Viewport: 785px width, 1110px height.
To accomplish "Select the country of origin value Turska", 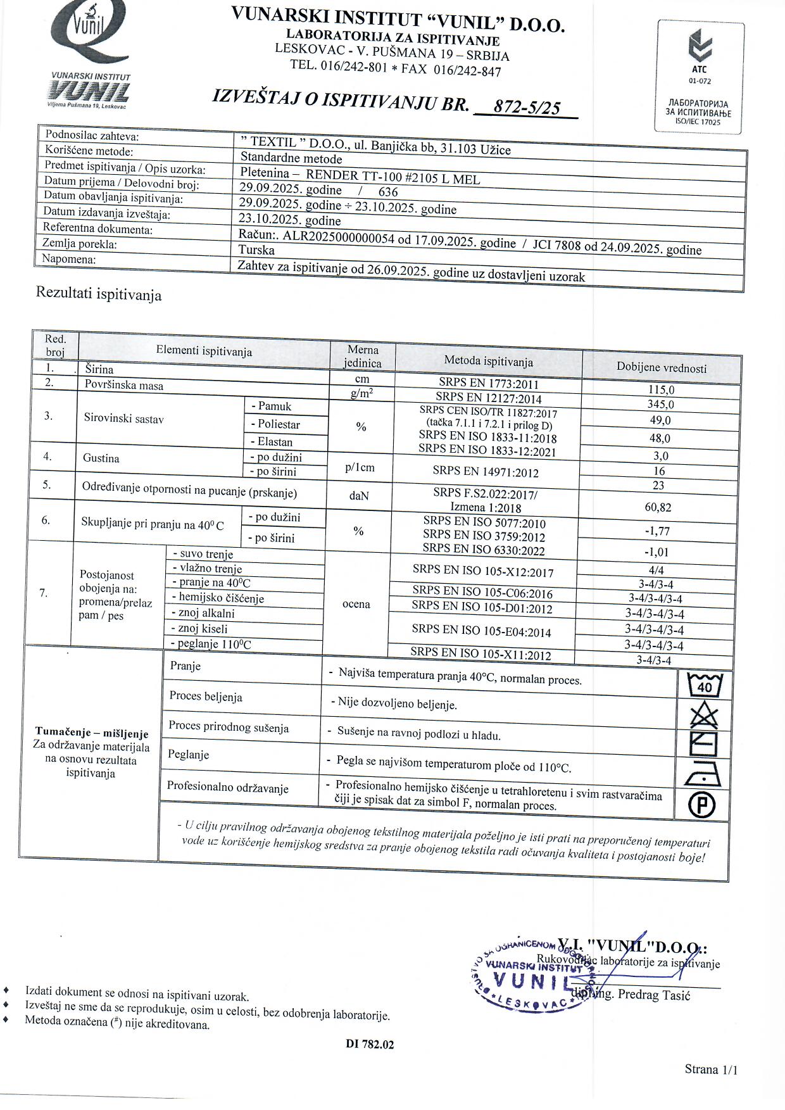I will click(256, 249).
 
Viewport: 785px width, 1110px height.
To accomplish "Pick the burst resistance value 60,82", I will click(658, 507).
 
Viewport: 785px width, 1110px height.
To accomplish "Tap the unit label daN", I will click(359, 496).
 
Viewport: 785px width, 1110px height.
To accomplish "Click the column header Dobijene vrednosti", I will click(662, 367).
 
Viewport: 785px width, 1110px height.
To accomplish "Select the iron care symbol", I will click(703, 774).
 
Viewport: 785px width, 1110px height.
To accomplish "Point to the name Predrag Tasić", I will click(654, 995).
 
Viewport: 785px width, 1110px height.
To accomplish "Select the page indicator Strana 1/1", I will click(711, 1069).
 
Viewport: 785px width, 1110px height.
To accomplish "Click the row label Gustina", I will click(101, 458).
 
